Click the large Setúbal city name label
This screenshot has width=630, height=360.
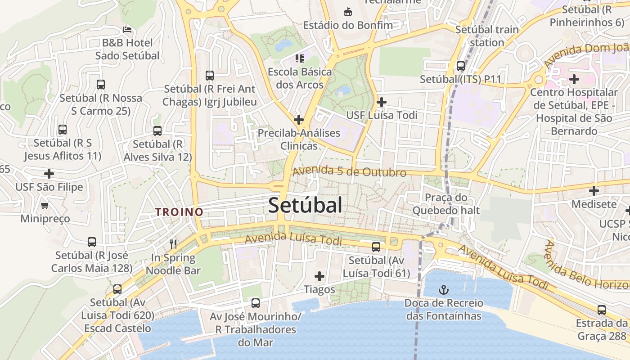[x=305, y=205]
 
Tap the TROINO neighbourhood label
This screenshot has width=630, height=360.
[x=179, y=211]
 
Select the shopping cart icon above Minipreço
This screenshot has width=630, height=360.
[x=45, y=206]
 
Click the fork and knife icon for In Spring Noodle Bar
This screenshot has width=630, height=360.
[x=173, y=244]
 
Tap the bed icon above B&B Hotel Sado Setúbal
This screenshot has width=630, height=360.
[x=127, y=30]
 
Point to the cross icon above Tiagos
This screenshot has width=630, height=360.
[x=319, y=276]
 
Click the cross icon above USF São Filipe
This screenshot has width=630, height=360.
[x=49, y=174]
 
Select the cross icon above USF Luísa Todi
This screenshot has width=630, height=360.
[x=382, y=102]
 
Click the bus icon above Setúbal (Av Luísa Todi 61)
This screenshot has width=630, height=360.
[x=376, y=247]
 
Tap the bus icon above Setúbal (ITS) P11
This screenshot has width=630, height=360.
[x=460, y=66]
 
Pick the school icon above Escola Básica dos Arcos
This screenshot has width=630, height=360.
[x=299, y=58]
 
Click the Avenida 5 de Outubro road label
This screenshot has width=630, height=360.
[x=349, y=171]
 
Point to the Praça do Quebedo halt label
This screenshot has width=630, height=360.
[x=446, y=204]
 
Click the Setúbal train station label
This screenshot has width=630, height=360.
[x=487, y=36]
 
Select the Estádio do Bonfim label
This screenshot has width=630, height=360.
[x=348, y=25]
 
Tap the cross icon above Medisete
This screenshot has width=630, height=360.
[x=594, y=191]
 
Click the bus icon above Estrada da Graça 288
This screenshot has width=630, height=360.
[x=602, y=310]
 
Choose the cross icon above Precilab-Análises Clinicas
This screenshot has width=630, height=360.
[x=298, y=120]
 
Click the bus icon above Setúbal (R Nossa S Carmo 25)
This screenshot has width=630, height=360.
[x=101, y=85]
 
